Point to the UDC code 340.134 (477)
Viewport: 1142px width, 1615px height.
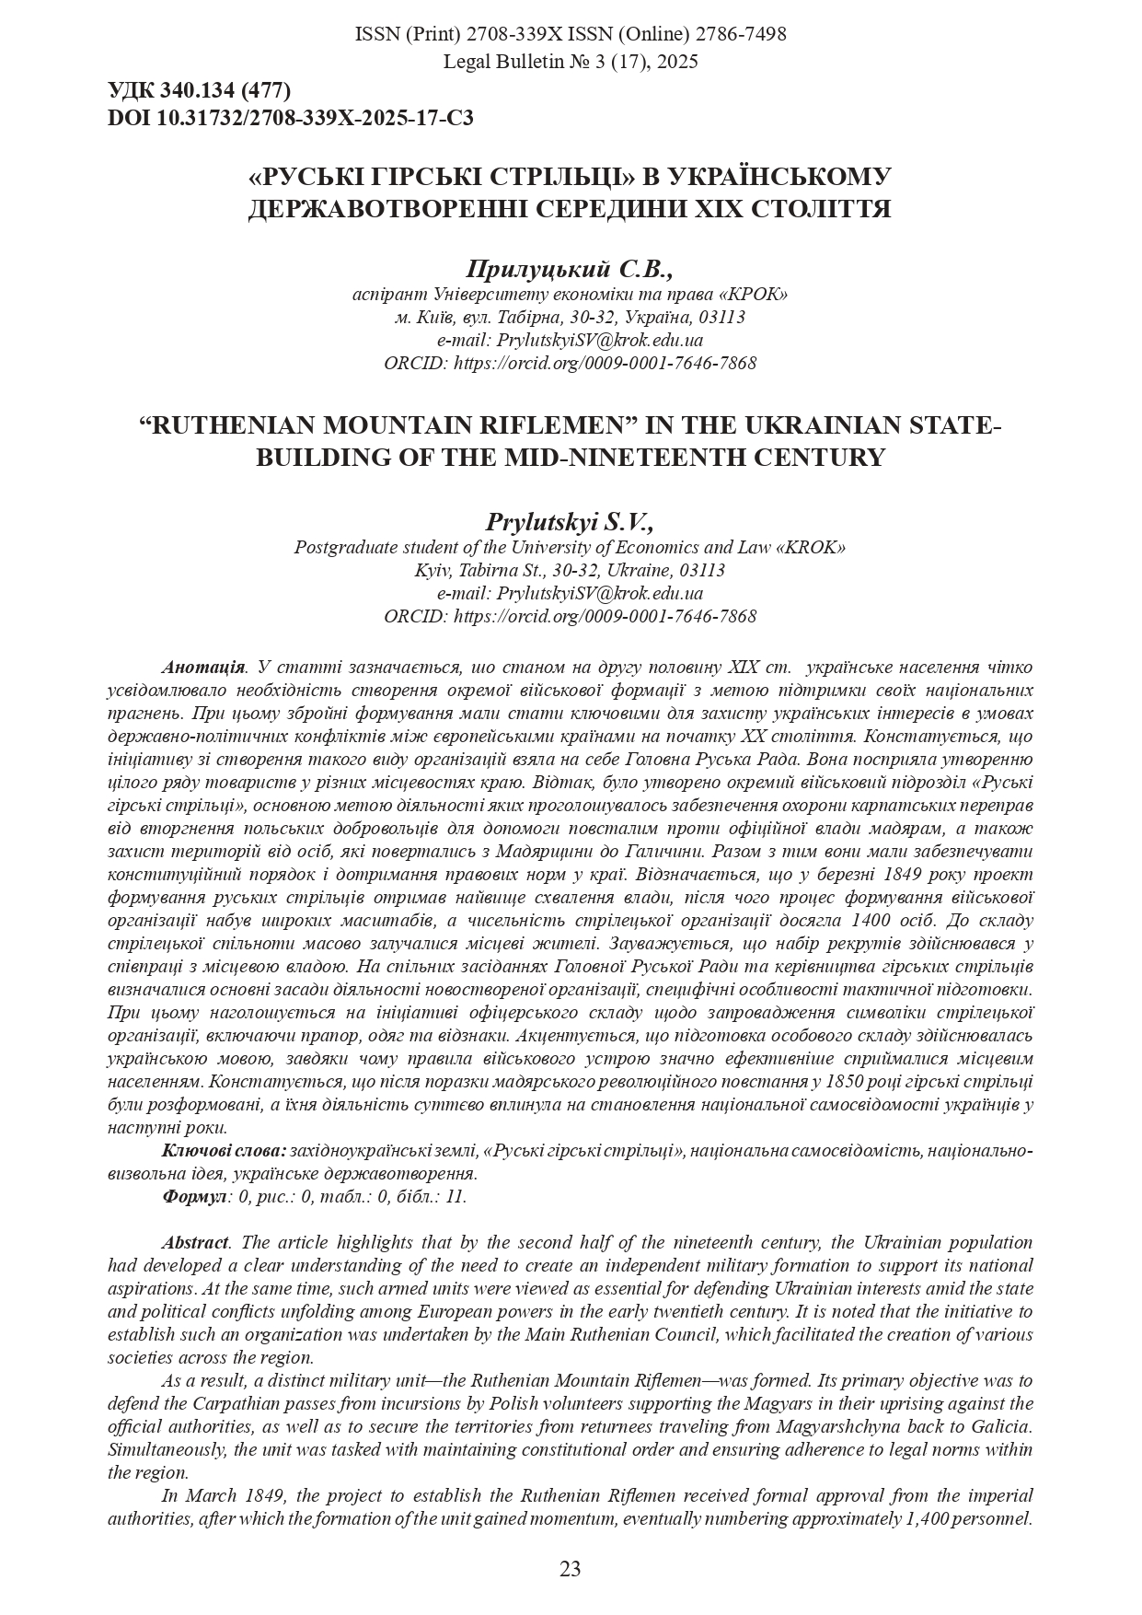click(x=225, y=90)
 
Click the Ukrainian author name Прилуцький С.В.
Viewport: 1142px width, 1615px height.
click(x=570, y=269)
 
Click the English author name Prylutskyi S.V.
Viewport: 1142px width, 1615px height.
click(x=570, y=523)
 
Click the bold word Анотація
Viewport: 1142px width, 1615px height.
click(x=203, y=667)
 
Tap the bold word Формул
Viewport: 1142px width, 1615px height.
click(x=194, y=1196)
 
